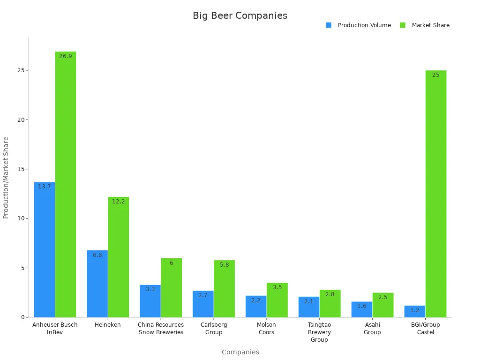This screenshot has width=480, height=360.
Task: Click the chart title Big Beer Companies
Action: (240, 15)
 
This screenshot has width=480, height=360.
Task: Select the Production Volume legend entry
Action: (364, 25)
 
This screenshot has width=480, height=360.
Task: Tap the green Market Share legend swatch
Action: (403, 25)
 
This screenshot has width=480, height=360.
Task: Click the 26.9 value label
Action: (66, 56)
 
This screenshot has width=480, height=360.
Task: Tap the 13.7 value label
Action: (45, 187)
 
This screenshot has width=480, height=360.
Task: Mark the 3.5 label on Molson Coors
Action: (277, 287)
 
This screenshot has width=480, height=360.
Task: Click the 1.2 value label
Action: (415, 310)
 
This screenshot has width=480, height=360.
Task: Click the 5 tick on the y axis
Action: (23, 268)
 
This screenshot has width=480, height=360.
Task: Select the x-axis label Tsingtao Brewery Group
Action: (319, 332)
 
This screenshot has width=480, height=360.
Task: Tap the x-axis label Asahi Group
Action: (372, 328)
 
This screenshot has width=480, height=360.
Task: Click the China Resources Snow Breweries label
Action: (161, 328)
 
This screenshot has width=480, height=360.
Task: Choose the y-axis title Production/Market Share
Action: (6, 177)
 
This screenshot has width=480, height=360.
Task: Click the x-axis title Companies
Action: (240, 352)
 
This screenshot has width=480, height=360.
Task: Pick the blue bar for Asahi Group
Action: (362, 309)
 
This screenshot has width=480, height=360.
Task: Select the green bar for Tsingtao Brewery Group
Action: (330, 303)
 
